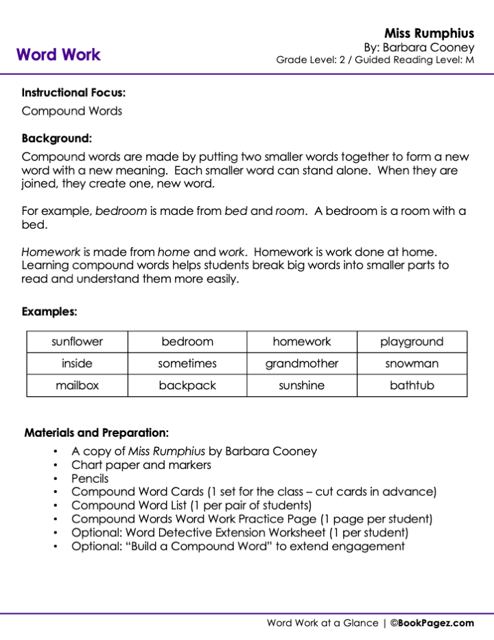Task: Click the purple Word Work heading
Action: [58, 55]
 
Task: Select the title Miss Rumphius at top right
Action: [429, 33]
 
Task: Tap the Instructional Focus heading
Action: [73, 92]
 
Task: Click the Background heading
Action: [57, 137]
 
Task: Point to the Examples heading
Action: [49, 312]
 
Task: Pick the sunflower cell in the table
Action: [77, 341]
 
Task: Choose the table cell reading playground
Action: [412, 341]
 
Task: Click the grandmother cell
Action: [302, 363]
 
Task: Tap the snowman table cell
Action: [412, 363]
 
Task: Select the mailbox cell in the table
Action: [77, 385]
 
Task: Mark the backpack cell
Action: [187, 385]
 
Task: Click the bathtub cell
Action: [412, 385]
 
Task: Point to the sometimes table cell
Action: [187, 363]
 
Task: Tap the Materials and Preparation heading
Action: [97, 433]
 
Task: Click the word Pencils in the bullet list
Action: [90, 479]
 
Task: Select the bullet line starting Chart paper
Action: [141, 465]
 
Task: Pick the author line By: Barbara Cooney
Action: [419, 47]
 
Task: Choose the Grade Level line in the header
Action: [375, 60]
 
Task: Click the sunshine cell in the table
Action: [302, 385]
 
